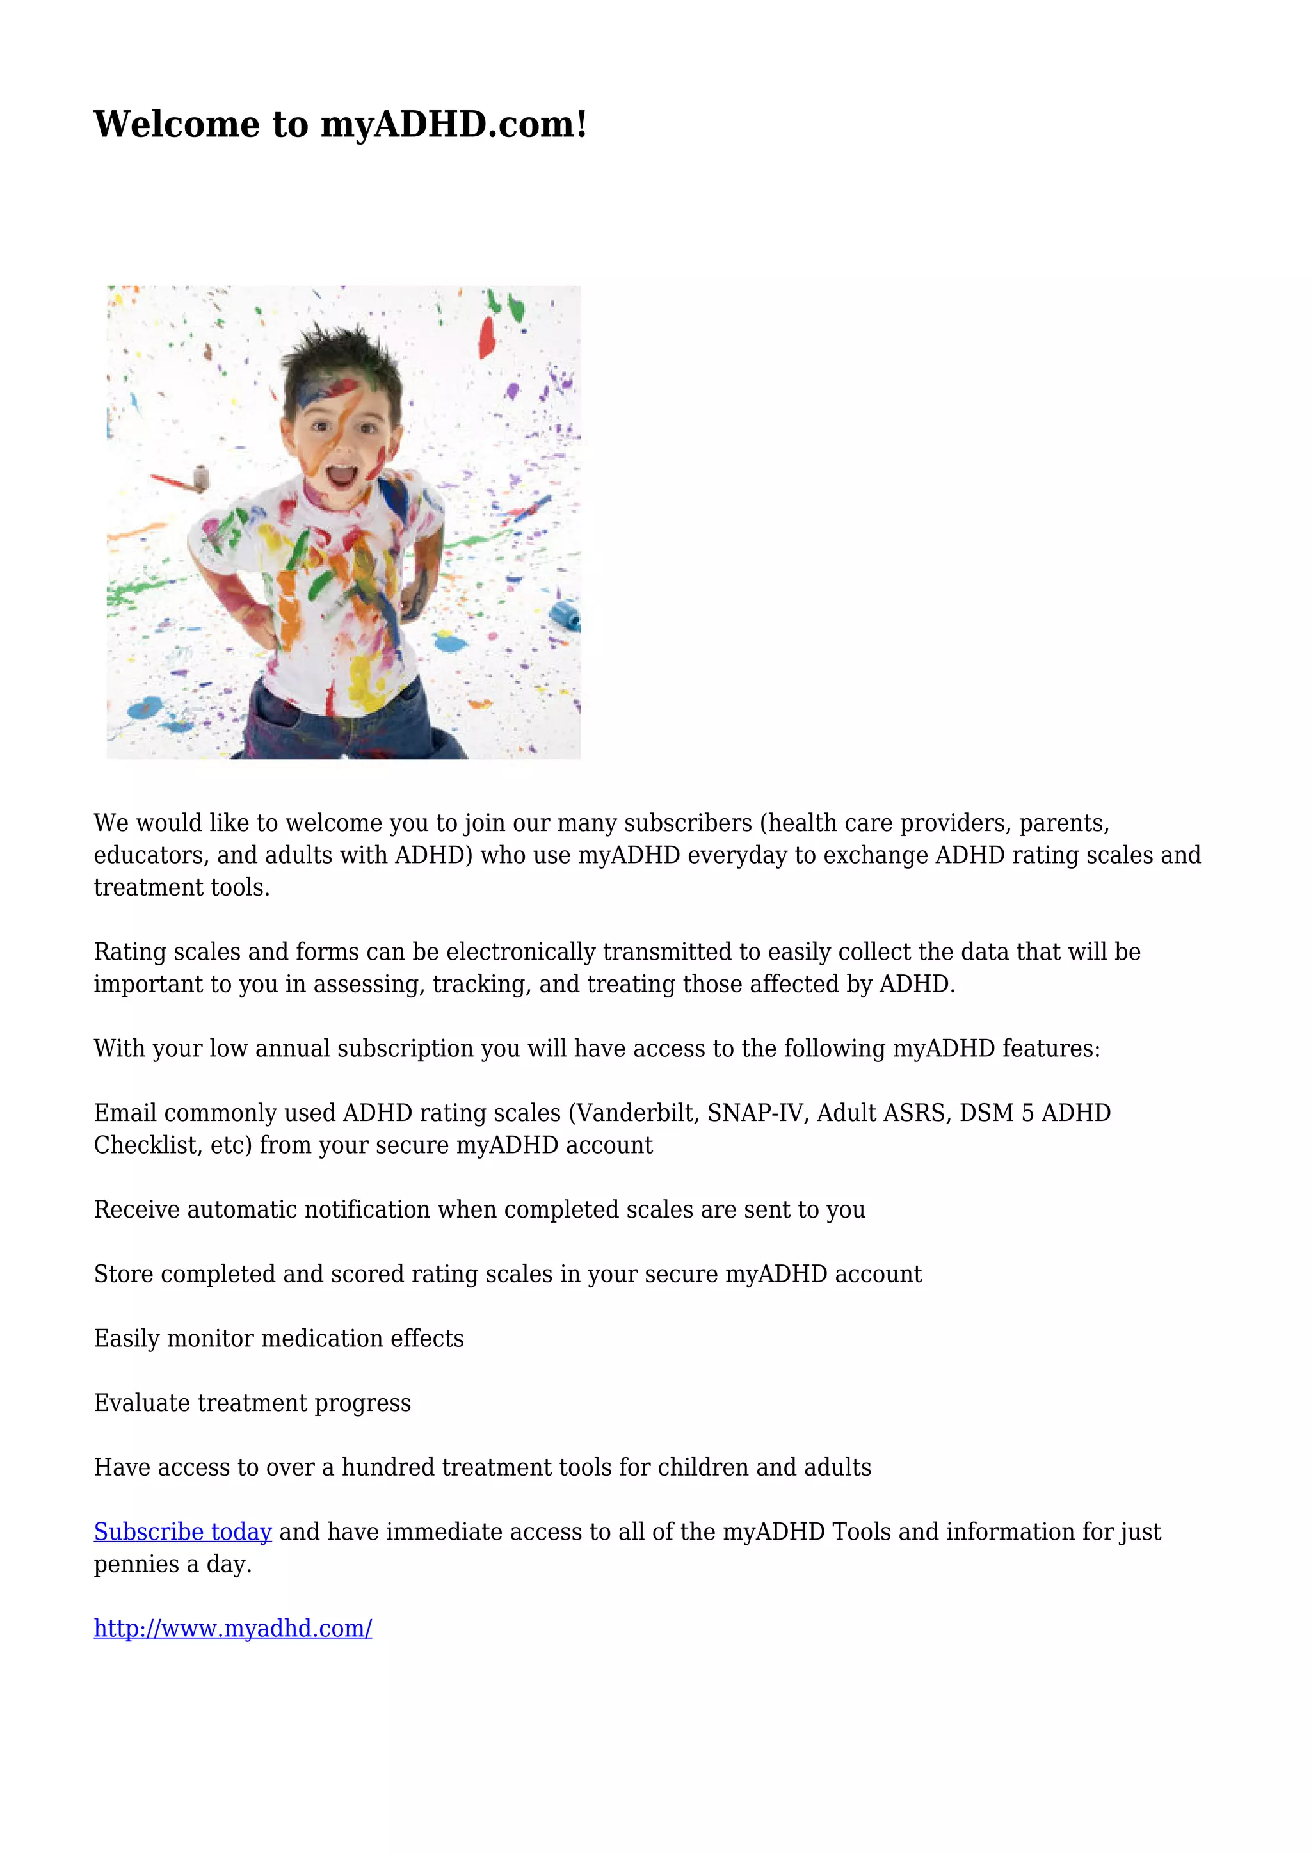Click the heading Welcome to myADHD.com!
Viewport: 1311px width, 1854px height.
[340, 124]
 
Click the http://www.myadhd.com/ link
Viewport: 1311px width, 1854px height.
[232, 1628]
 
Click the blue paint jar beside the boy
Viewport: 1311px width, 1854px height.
[565, 615]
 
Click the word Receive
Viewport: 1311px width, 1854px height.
[136, 1209]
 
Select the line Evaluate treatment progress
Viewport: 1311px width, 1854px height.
[252, 1403]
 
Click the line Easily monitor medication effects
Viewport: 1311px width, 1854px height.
[278, 1338]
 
